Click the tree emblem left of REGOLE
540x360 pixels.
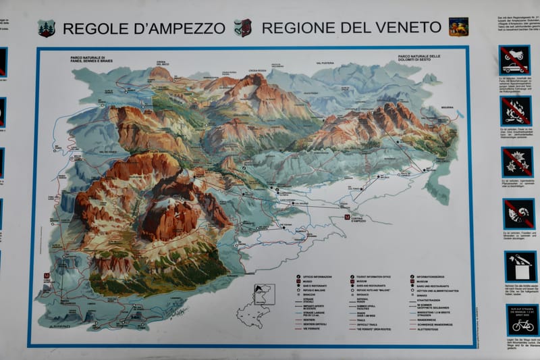tap(47, 28)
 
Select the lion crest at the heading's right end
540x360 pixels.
tap(458, 27)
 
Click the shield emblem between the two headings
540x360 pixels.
tap(243, 28)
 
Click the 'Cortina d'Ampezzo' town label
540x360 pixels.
tap(358, 219)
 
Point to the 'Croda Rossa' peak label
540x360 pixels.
tap(259, 70)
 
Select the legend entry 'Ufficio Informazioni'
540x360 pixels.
tap(319, 277)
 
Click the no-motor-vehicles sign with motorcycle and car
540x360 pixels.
tap(514, 59)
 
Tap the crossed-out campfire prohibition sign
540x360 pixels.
tap(515, 110)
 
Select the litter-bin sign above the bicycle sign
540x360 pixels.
tap(521, 266)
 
